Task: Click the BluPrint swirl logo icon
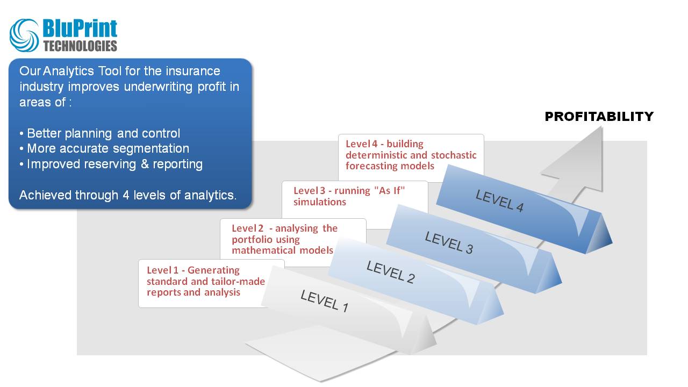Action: pos(24,35)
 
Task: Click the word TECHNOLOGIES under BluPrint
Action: pos(80,46)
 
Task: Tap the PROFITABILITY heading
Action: pos(599,117)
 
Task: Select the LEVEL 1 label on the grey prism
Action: pos(324,301)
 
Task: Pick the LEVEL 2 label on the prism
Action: pos(390,271)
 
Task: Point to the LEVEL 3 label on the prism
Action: pos(449,242)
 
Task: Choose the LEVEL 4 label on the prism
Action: pos(499,201)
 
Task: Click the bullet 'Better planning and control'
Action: pos(103,133)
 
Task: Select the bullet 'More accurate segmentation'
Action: pos(107,148)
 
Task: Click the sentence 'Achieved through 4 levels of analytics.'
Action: pos(128,195)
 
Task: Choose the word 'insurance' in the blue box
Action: pos(193,71)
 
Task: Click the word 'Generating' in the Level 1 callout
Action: pos(213,270)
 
